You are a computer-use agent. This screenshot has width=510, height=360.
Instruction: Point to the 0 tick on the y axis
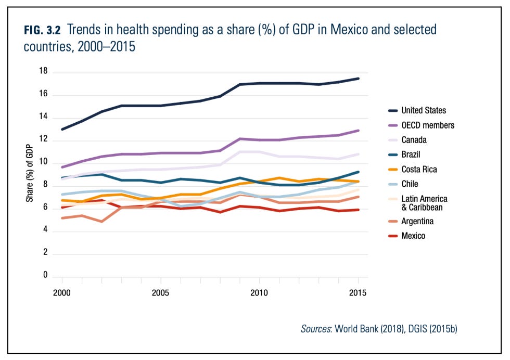click(45, 275)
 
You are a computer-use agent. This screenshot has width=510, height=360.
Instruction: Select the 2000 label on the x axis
click(61, 293)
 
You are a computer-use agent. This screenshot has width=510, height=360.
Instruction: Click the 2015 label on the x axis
click(358, 293)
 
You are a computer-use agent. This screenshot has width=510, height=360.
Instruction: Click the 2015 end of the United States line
click(358, 79)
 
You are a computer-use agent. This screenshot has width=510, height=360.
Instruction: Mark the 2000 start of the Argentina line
click(62, 218)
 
